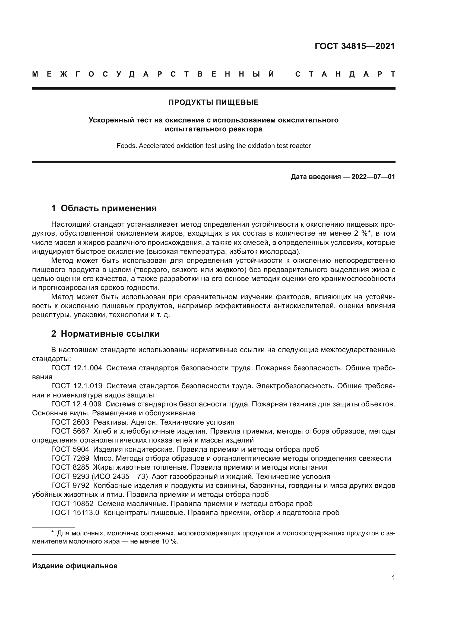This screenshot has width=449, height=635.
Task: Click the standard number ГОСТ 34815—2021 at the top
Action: point(355,46)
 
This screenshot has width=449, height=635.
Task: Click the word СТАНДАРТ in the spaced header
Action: point(345,74)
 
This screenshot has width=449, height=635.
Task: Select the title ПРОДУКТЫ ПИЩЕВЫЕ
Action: point(213,102)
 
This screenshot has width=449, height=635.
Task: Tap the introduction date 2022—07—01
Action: point(373,177)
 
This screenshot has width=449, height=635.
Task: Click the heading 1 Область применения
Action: point(104,208)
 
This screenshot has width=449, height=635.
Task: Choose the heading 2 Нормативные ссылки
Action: point(105,334)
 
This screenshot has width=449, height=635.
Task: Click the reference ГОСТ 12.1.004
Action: point(77,368)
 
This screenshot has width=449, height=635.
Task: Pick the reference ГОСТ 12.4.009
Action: point(76,404)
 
